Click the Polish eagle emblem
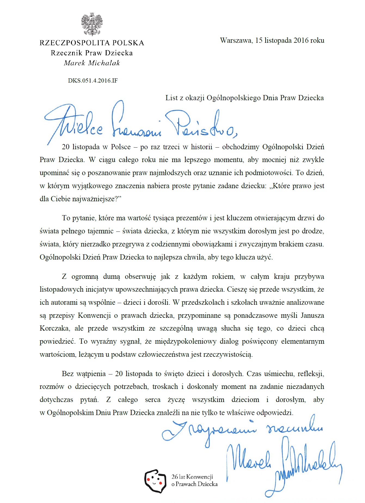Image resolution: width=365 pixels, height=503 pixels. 92,24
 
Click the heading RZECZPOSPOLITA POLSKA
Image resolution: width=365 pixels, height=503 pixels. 92,43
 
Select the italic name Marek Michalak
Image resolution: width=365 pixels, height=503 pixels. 92,63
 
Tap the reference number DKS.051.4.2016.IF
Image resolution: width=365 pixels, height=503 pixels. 93,81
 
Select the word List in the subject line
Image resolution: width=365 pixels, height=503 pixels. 171,98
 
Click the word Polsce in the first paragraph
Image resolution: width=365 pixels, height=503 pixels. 121,147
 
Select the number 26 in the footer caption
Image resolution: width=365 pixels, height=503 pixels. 174,477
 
